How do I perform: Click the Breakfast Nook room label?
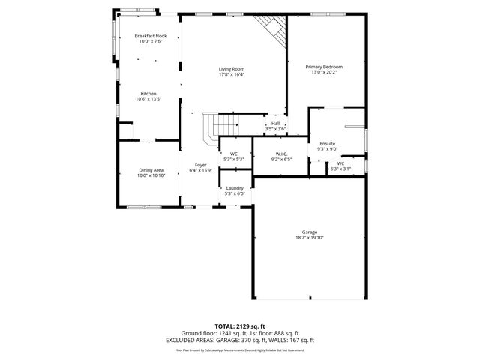pos(150,36)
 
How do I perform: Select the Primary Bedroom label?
pos(324,67)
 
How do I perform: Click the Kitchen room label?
pos(147,94)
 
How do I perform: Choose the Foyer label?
pos(201,165)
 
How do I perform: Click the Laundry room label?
pos(235,188)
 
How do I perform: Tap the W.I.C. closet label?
pos(282,154)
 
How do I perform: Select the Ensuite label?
pos(328,143)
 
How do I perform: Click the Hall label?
pos(275,124)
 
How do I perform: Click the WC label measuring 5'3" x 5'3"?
pos(234,154)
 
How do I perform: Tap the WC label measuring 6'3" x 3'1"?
pos(340,163)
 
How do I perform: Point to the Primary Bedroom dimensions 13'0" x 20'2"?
pos(324,72)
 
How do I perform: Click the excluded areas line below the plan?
pos(239,339)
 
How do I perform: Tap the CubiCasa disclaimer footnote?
pos(239,349)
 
